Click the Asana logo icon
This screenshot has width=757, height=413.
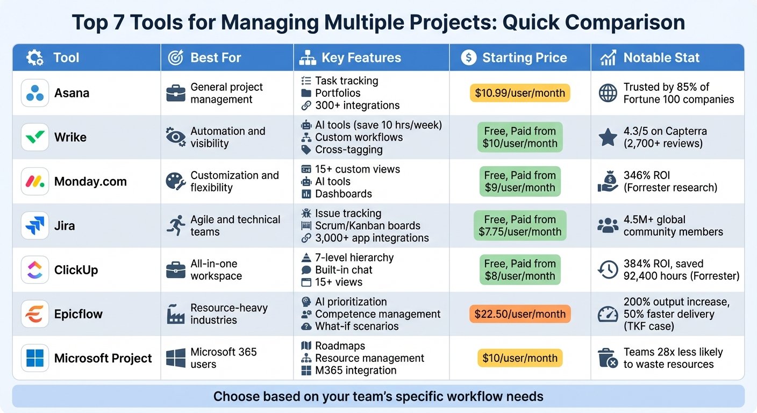[x=35, y=93]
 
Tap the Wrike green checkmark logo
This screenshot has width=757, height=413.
[x=35, y=137]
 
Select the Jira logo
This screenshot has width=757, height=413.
[x=35, y=225]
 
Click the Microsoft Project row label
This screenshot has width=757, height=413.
[x=103, y=358]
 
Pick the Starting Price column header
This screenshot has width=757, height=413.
[x=525, y=58]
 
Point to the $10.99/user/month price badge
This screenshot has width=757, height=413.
[x=520, y=93]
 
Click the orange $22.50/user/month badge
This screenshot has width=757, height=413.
[x=520, y=314]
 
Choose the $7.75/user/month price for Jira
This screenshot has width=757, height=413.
[x=520, y=232]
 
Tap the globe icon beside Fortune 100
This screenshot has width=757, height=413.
[x=608, y=93]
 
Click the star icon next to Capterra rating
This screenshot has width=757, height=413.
[x=608, y=137]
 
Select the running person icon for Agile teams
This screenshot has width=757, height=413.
[x=176, y=225]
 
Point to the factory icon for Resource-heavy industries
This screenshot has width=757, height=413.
[x=176, y=314]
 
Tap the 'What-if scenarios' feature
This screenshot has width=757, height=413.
[x=356, y=326]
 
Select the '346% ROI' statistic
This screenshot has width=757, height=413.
[x=646, y=175]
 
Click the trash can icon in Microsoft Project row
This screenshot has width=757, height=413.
[x=608, y=358]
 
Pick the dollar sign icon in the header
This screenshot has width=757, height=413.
[x=469, y=58]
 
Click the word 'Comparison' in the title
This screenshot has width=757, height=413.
[x=625, y=23]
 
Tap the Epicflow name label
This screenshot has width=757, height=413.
[x=78, y=314]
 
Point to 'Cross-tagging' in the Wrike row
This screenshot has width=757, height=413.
[x=349, y=149]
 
